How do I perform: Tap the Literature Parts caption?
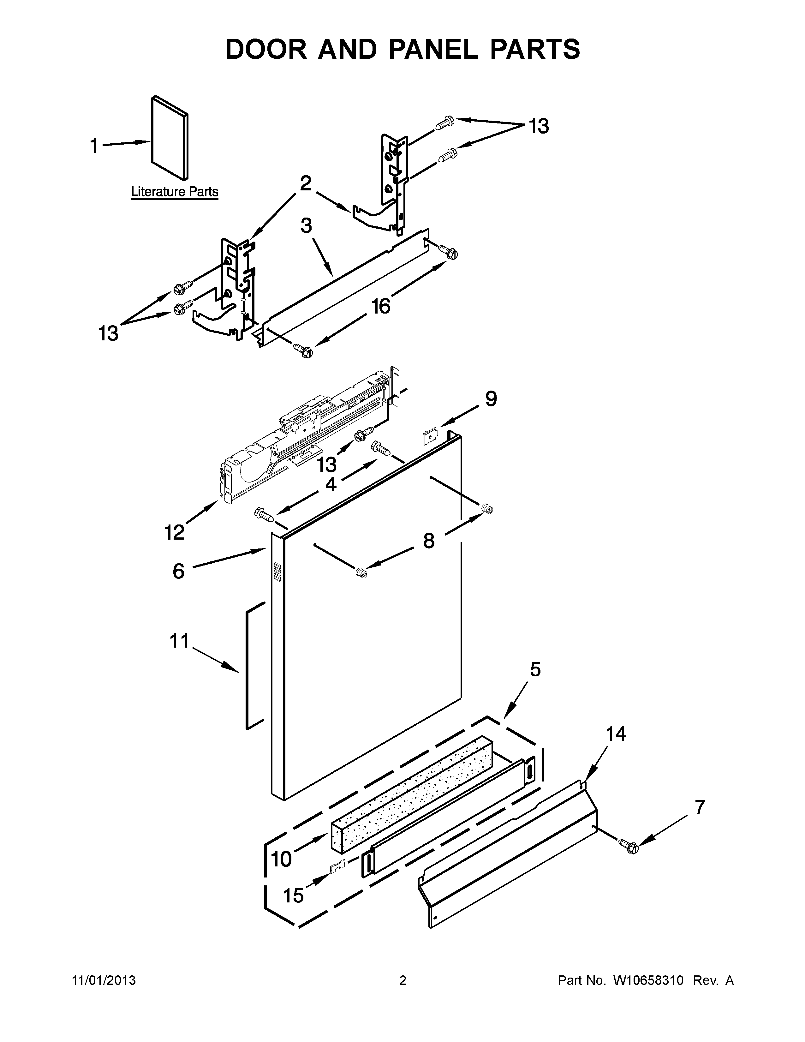[x=175, y=192]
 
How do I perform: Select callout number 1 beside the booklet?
[x=94, y=146]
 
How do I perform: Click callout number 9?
[x=491, y=398]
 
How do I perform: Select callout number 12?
[x=175, y=531]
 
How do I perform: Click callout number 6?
[x=178, y=571]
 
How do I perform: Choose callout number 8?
[x=429, y=541]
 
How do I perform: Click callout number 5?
[x=535, y=669]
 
